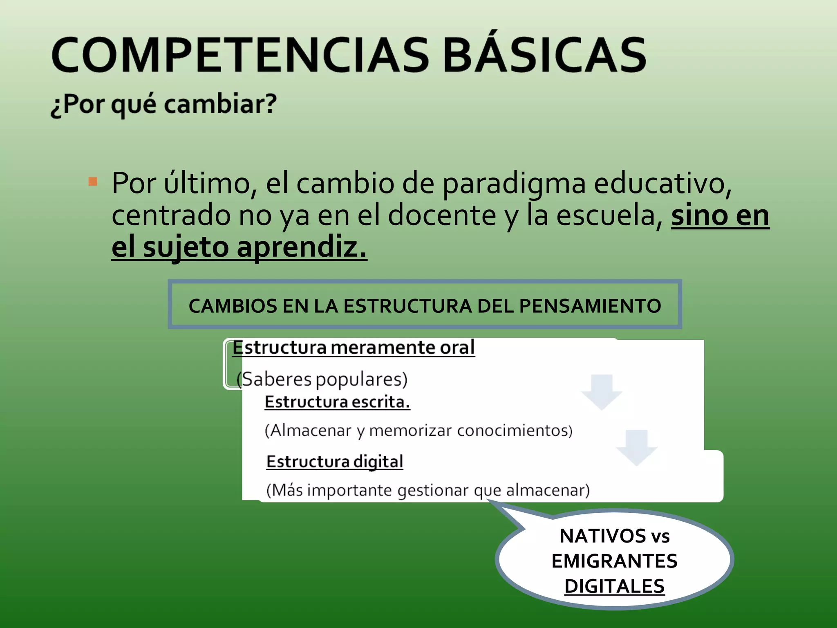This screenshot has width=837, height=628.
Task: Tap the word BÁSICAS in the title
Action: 544,55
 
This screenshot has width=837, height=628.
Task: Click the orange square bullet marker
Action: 93,182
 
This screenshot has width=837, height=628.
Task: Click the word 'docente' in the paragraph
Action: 441,216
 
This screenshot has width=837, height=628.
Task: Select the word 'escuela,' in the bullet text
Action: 610,216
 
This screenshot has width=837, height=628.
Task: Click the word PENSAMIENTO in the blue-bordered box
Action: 590,306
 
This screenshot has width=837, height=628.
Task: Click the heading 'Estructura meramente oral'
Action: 354,348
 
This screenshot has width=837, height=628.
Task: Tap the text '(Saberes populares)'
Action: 322,379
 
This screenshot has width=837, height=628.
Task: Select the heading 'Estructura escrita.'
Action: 337,402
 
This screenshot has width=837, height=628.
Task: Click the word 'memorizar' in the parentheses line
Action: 410,431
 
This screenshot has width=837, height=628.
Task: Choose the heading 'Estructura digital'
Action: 335,462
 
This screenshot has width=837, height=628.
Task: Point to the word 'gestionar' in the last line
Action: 433,490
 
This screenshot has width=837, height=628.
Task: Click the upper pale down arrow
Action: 602,392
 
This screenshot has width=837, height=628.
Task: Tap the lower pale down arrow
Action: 637,447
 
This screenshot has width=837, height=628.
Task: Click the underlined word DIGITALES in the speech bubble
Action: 614,586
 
